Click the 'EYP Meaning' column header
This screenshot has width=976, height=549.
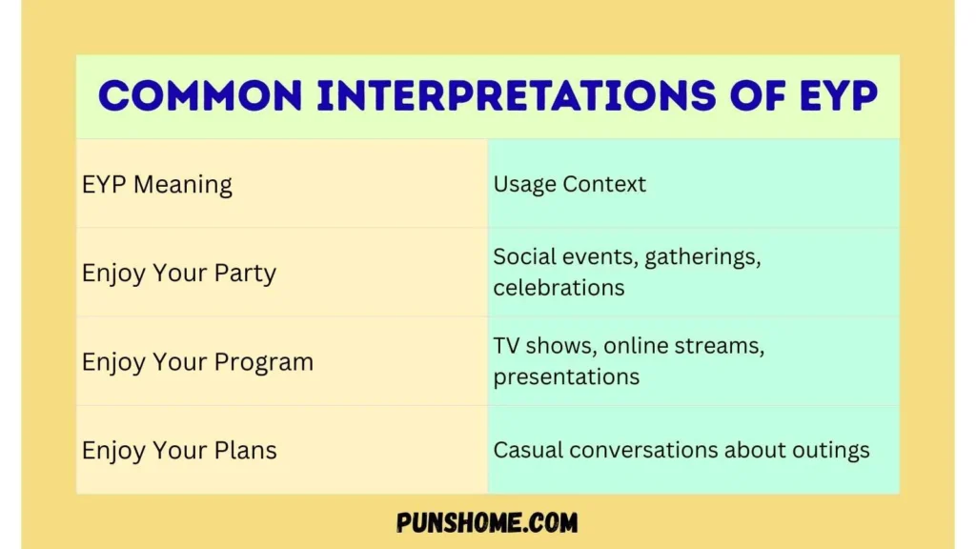pos(157,184)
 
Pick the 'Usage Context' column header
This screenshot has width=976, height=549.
pos(569,184)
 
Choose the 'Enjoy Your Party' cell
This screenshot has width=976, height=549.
pos(179,274)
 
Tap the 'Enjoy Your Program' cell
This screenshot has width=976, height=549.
pos(197,362)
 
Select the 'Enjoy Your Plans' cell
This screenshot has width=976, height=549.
pos(179,450)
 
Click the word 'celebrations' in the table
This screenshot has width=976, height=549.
pos(559,287)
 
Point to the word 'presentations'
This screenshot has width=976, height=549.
pos(566,376)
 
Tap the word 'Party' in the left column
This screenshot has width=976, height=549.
pos(245,274)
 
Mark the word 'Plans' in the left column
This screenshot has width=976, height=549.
pos(245,450)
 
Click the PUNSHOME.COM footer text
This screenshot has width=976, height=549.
pos(487,522)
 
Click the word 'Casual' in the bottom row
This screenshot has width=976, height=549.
pos(527,450)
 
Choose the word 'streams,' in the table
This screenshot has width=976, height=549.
pos(718,346)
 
